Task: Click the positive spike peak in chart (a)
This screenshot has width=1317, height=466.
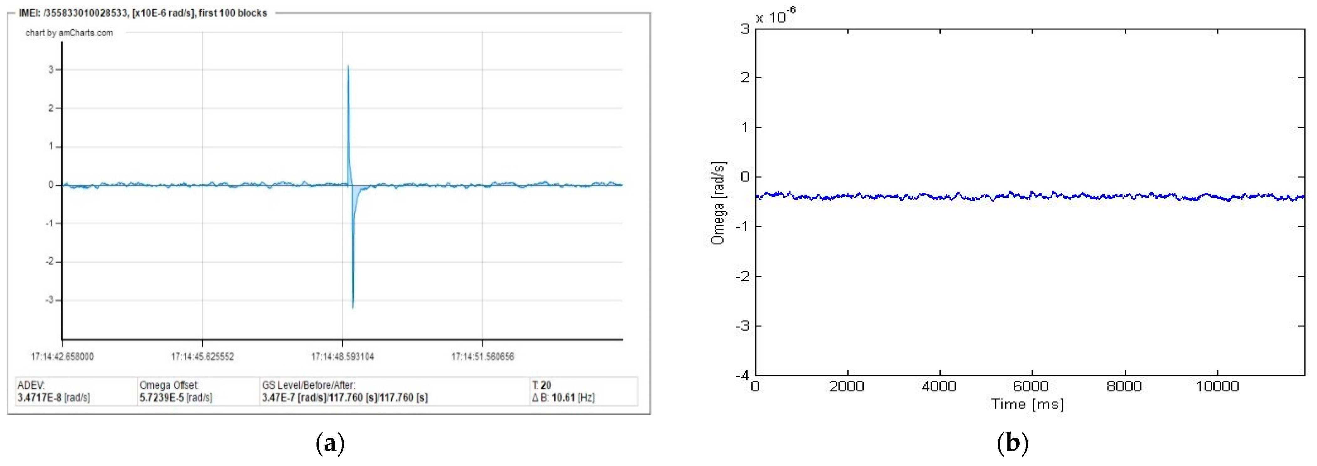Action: pos(348,66)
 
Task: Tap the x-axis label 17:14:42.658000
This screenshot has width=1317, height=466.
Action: pos(62,357)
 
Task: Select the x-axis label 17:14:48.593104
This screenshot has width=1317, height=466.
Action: pos(342,357)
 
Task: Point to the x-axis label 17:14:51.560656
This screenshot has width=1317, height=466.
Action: pos(483,357)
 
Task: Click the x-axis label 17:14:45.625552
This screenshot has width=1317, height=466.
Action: pos(203,357)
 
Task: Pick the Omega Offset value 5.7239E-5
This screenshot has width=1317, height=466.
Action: pos(162,397)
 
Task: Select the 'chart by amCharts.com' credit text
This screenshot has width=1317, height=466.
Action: pos(69,33)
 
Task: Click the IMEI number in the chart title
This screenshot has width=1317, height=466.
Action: pos(87,13)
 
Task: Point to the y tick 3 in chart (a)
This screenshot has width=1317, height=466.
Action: pos(51,70)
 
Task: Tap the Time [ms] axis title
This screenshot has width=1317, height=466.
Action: pos(1028,404)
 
